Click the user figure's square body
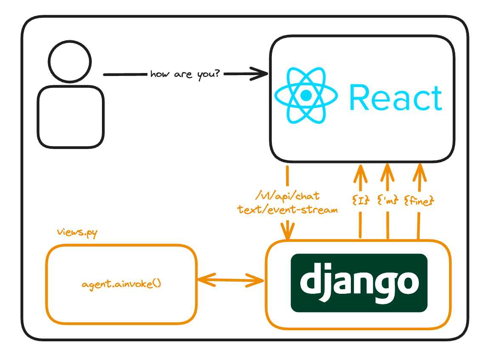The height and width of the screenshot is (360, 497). [71, 117]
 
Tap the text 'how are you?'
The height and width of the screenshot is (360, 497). [185, 74]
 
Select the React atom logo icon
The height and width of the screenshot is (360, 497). [306, 96]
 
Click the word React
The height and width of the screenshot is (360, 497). [395, 98]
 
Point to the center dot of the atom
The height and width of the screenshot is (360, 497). [306, 96]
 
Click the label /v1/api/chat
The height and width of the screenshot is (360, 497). [287, 197]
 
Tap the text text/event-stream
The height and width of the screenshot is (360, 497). [288, 209]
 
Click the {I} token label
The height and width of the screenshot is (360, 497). [360, 200]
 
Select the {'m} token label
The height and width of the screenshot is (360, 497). [387, 200]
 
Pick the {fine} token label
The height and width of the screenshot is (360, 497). [419, 200]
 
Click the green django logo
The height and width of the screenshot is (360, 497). [359, 282]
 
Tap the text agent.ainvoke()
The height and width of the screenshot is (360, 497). [121, 284]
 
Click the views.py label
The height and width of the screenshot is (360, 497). [77, 233]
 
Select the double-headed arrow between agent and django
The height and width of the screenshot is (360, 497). [231, 280]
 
